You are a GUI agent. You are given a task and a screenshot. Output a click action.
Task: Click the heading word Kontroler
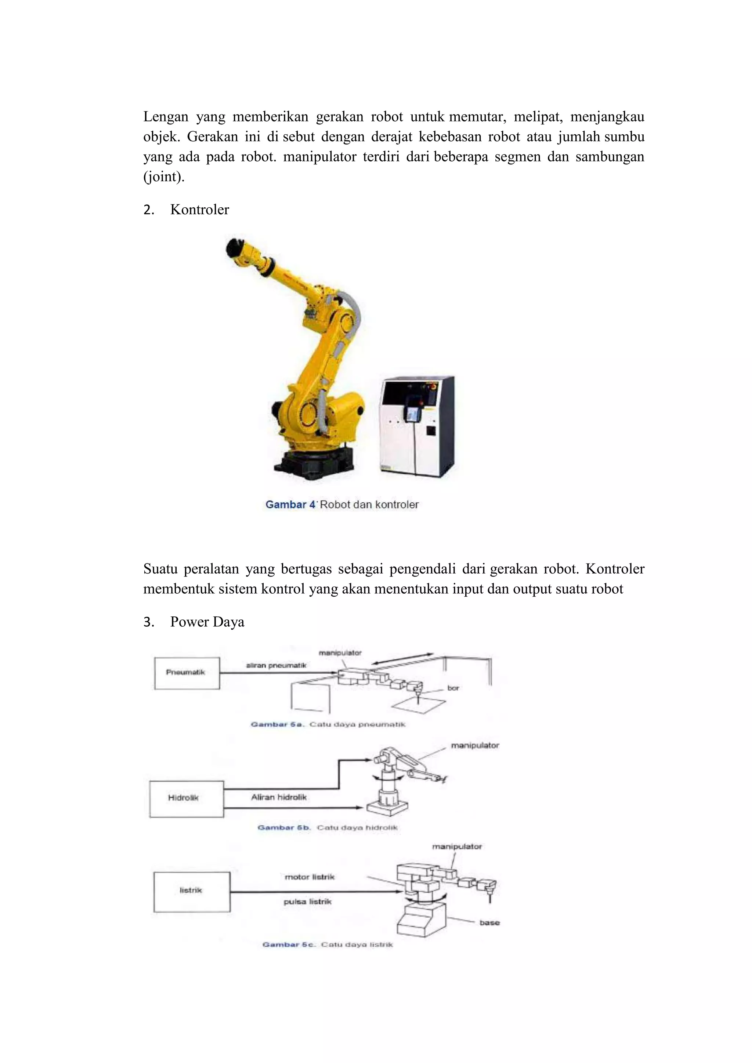(x=199, y=210)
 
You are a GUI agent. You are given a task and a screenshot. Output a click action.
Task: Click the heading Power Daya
(x=207, y=622)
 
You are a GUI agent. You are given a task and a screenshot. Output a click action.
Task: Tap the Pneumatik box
(x=187, y=673)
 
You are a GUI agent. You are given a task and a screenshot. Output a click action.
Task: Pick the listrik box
(x=191, y=892)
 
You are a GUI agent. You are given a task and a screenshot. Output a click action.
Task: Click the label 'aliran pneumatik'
(x=276, y=665)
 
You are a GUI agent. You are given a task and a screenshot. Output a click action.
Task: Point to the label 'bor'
(x=453, y=688)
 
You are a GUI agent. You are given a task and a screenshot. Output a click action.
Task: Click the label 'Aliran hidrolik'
(x=279, y=797)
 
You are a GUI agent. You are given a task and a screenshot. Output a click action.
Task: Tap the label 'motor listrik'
(x=309, y=877)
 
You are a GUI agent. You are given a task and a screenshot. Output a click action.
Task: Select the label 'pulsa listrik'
(x=307, y=902)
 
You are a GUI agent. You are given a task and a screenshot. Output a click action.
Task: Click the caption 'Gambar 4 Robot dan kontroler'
(x=342, y=505)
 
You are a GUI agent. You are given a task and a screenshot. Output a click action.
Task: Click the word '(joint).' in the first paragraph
(x=163, y=177)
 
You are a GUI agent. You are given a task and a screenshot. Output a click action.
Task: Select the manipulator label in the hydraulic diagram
(x=474, y=745)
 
